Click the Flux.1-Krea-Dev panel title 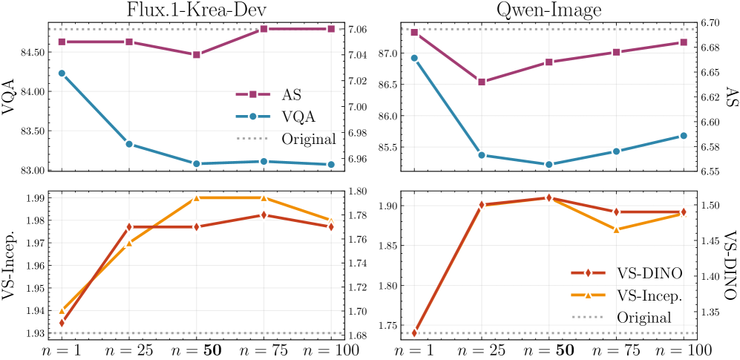point(196,10)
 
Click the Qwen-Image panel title point(549,10)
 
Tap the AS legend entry point(291,94)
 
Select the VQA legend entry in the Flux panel point(298,117)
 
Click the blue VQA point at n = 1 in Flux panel point(62,73)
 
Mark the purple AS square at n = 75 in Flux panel point(263,29)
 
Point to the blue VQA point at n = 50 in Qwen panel point(549,165)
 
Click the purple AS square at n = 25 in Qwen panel point(482,82)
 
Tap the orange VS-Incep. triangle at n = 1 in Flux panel point(62,310)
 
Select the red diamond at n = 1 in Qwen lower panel point(414,333)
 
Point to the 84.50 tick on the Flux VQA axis point(36,52)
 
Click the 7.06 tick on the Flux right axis point(358,29)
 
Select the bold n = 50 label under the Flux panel point(196,348)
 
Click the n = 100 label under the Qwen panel point(682,348)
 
